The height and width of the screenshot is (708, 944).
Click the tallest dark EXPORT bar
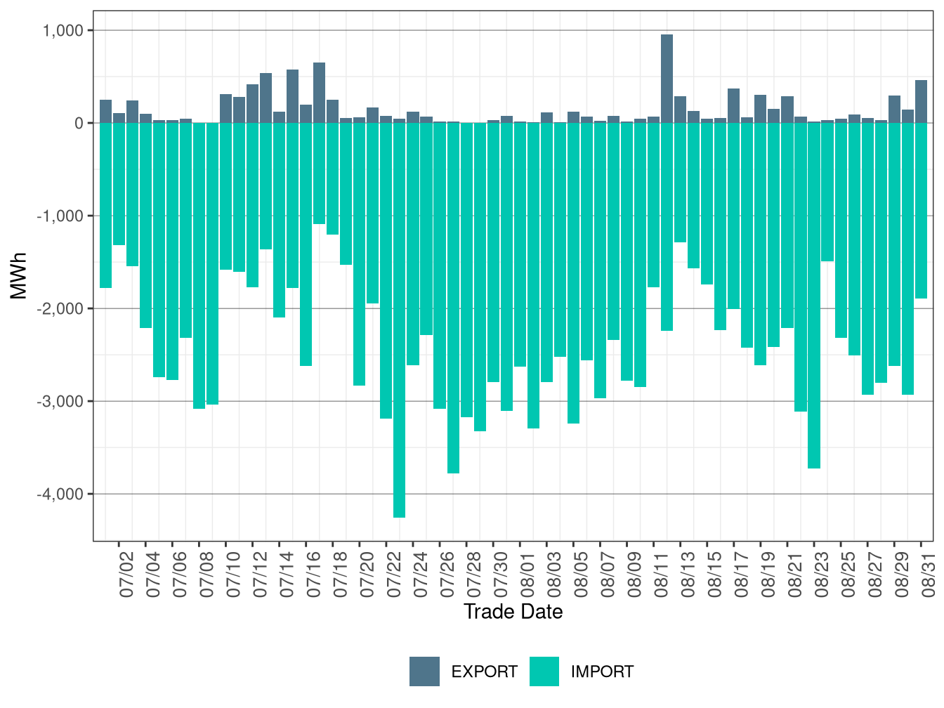pos(667,79)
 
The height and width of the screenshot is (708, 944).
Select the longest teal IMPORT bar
pos(399,320)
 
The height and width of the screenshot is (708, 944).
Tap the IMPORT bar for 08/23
pos(813,296)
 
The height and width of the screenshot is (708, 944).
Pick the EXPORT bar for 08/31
pos(921,101)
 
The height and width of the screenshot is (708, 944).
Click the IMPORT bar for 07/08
pos(199,265)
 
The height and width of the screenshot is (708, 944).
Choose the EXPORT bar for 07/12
pos(252,103)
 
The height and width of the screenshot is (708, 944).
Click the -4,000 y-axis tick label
pos(60,494)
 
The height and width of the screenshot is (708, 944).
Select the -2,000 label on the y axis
pos(60,308)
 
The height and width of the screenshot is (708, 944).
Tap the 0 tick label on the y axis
pos(79,124)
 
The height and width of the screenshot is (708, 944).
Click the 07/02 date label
pos(126,575)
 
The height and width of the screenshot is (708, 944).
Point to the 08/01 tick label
pos(527,575)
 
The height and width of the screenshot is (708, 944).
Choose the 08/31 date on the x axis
pos(929,575)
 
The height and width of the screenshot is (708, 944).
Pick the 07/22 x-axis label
pos(394,575)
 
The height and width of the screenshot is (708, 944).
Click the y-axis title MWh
pos(18,276)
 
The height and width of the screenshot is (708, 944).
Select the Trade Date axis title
pos(513,612)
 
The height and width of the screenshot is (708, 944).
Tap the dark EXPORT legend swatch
pos(424,671)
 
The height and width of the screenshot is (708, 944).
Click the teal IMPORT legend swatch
pos(544,671)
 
